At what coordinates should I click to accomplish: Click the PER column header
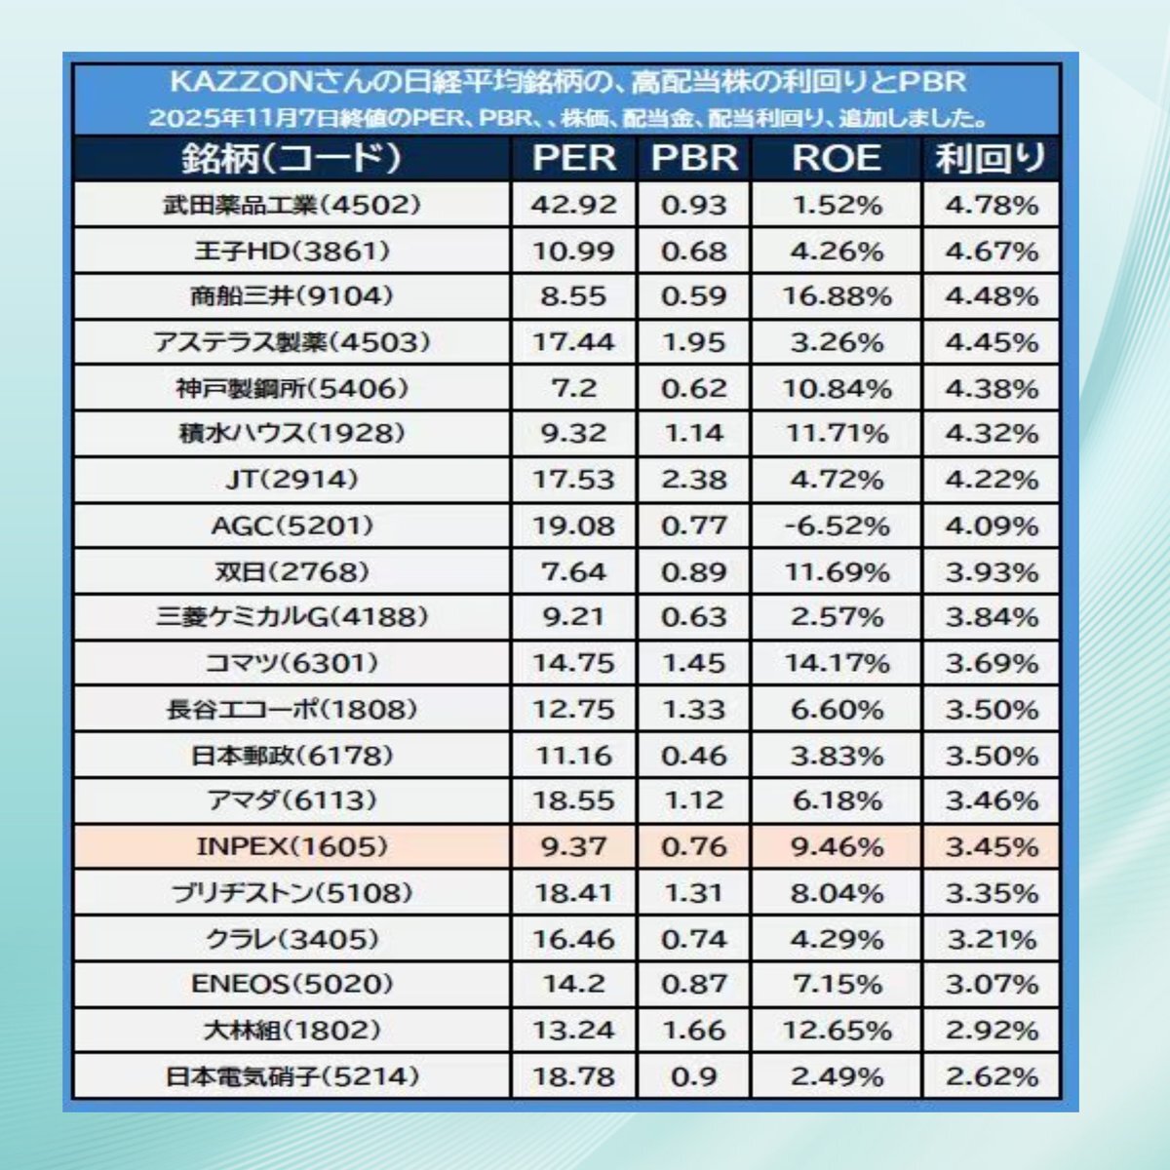(x=573, y=159)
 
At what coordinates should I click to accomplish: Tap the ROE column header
(x=836, y=159)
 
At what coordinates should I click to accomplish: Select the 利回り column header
(x=991, y=159)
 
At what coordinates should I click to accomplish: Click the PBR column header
(x=693, y=159)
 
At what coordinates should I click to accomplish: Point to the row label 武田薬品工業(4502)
(x=292, y=205)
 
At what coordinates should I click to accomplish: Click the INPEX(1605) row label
(x=292, y=846)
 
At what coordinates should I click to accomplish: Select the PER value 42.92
(x=573, y=205)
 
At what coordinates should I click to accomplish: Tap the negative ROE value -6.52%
(x=837, y=526)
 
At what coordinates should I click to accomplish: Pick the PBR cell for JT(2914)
(x=693, y=480)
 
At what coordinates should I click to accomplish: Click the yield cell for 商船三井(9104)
(x=991, y=296)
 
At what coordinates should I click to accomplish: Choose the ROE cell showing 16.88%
(x=837, y=296)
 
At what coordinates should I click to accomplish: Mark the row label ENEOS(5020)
(x=292, y=985)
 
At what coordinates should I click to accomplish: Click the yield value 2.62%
(x=991, y=1077)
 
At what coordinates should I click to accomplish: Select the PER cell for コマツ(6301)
(x=573, y=664)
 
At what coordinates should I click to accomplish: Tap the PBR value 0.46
(x=693, y=756)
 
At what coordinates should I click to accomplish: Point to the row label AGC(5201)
(x=292, y=526)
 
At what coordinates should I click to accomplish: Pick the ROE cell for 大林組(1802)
(x=837, y=1031)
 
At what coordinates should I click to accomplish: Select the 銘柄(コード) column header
(x=292, y=159)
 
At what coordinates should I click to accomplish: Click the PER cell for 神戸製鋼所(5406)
(x=573, y=388)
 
